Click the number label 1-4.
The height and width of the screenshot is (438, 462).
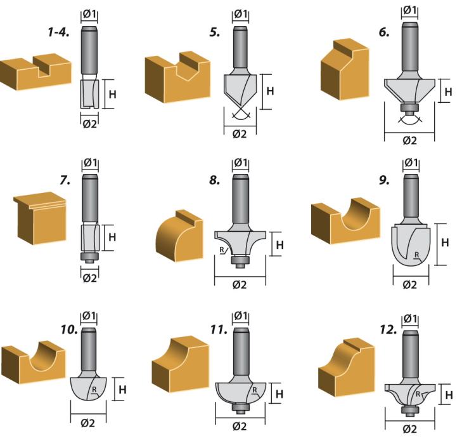59,32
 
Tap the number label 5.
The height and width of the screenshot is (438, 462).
215,32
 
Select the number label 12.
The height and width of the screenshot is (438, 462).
388,330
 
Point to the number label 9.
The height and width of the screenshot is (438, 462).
384,180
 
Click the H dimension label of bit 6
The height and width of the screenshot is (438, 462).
448,92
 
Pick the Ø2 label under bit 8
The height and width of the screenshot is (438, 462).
240,285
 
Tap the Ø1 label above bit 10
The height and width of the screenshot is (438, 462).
89,316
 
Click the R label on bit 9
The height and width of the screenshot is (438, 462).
416,255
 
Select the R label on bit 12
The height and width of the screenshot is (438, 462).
418,394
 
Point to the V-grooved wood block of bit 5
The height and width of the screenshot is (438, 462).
177,77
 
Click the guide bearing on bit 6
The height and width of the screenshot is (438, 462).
409,107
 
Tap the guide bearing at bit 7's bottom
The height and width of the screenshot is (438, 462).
89,256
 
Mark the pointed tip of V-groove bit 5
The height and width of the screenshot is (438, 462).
241,107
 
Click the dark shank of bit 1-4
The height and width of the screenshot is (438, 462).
89,50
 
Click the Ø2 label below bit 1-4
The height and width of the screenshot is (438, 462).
89,124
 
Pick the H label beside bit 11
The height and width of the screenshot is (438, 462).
279,394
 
